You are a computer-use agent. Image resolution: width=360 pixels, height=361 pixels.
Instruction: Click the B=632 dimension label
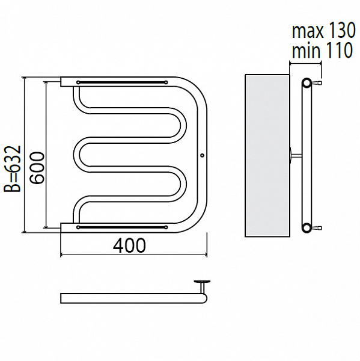point(12,168)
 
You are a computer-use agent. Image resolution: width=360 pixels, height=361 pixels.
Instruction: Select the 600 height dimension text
point(37,168)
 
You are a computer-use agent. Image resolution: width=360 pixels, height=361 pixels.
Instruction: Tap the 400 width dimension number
point(129,245)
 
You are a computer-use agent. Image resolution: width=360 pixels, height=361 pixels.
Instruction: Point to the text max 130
point(324,31)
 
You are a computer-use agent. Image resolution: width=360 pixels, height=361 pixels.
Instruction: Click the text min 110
point(322,50)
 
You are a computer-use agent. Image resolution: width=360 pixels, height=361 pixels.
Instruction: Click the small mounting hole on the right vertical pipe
point(202,155)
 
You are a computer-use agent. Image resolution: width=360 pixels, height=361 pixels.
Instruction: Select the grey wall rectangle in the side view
point(267,155)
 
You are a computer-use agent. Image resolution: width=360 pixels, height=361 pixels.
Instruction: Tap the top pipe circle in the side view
point(306,83)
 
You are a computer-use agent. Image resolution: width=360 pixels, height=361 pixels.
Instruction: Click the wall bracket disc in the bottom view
point(202,282)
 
